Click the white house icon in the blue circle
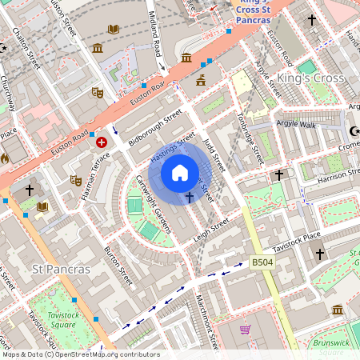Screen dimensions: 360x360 click(x=180, y=173)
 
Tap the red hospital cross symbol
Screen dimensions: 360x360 click(x=102, y=142)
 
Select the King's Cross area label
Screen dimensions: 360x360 click(x=310, y=78)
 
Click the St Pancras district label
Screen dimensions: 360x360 click(x=60, y=269)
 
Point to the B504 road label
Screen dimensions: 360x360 click(x=262, y=262)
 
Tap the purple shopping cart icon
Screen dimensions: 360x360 click(x=245, y=330)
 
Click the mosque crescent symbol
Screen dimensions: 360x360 click(x=354, y=131)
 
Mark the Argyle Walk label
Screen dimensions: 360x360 click(x=296, y=125)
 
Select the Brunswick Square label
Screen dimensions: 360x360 click(x=331, y=347)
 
